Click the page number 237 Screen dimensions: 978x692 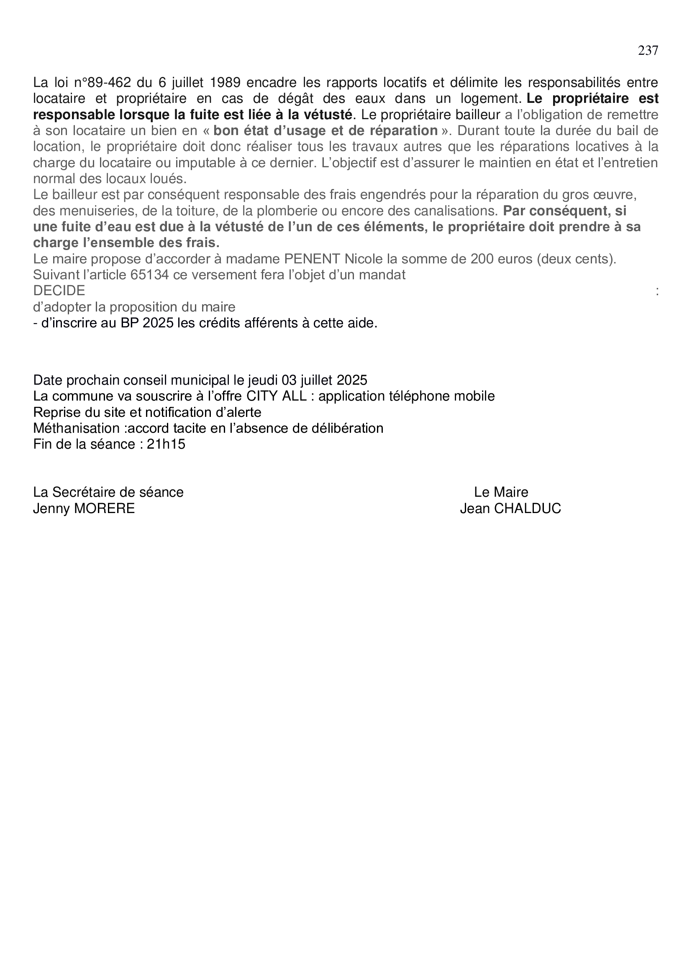click(x=648, y=51)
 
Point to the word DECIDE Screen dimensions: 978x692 click(x=59, y=291)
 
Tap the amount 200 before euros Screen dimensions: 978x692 click(x=482, y=259)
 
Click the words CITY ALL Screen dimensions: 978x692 click(x=277, y=396)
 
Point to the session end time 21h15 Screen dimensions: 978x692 click(x=166, y=444)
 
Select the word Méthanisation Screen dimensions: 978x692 click(x=79, y=428)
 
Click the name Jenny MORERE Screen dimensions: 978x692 click(x=84, y=508)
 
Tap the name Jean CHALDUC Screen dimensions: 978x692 click(x=510, y=508)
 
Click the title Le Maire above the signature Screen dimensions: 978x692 click(x=501, y=493)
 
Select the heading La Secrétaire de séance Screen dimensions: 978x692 click(x=108, y=493)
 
